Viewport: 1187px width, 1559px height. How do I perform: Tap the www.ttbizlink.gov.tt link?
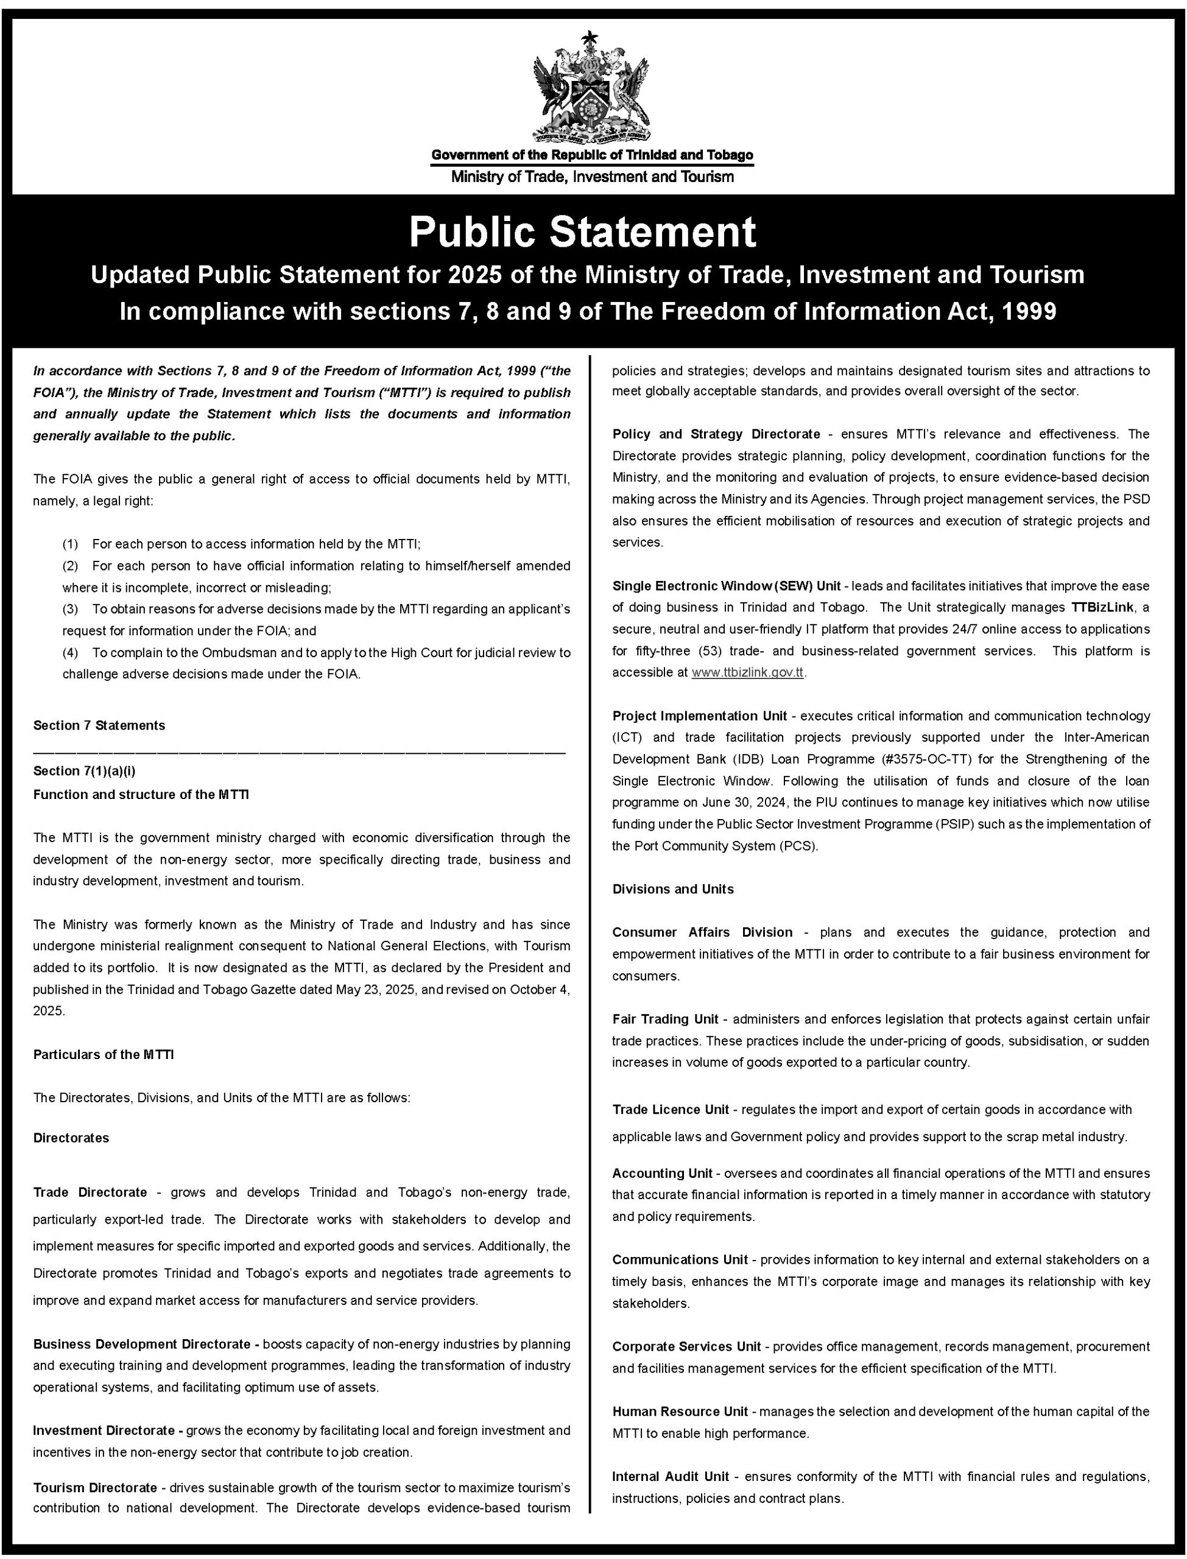tap(747, 672)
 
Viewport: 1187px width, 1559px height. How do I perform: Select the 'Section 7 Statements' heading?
tap(99, 725)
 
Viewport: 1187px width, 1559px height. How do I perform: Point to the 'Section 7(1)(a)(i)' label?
tap(84, 771)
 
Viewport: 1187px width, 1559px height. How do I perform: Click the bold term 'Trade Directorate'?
tap(90, 1192)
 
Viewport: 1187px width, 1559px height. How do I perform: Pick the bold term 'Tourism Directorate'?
tap(94, 1487)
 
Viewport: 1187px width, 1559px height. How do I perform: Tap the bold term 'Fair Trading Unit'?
tap(665, 1019)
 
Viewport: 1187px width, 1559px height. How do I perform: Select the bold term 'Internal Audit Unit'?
tap(671, 1476)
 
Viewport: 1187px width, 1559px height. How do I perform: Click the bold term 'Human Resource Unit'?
tap(680, 1412)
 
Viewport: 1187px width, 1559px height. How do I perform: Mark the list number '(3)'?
tap(70, 609)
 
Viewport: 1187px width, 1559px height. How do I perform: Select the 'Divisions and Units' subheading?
tap(672, 889)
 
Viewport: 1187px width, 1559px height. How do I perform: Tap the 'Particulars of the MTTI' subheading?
tap(103, 1055)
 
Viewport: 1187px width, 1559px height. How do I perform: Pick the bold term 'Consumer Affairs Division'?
tap(702, 932)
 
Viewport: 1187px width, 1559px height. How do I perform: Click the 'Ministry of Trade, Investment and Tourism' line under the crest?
tap(592, 177)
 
